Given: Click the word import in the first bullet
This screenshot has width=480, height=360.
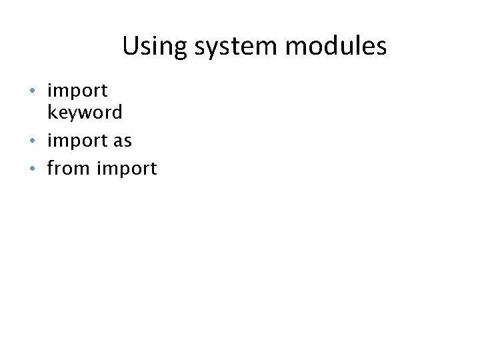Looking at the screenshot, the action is (x=77, y=90).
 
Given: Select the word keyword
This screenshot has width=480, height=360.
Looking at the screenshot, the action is (x=85, y=112).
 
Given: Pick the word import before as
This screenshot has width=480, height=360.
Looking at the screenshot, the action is (x=77, y=141).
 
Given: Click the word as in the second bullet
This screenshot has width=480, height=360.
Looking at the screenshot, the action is (x=123, y=141).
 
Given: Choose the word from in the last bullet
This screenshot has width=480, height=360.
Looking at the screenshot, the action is (x=69, y=169).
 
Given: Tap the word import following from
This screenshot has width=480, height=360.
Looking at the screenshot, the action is (x=127, y=169).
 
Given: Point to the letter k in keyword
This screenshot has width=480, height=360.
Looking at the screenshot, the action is (x=51, y=111).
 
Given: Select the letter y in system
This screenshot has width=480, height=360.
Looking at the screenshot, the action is (x=209, y=49).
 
